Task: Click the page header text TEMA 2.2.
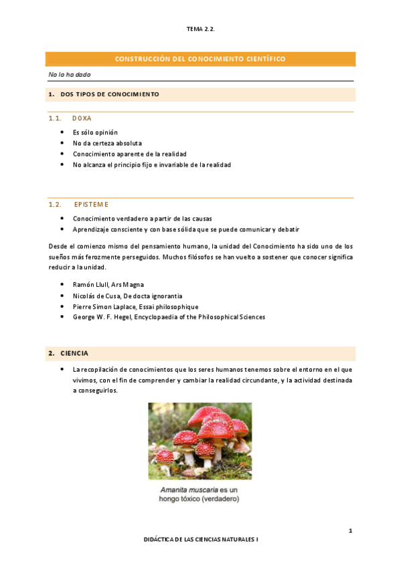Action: coord(200,29)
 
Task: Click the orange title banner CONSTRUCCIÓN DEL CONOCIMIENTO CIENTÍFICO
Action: coord(200,59)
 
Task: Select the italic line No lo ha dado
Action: coord(70,74)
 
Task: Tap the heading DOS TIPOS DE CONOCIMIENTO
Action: coord(109,94)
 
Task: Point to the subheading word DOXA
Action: coord(82,118)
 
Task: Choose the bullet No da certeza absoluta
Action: coord(107,143)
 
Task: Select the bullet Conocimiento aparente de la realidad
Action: coord(130,154)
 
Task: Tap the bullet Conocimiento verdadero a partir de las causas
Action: coord(141,219)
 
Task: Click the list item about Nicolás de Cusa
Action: coord(127,296)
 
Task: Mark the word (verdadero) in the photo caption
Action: coord(219,499)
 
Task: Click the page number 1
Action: coord(350,531)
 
